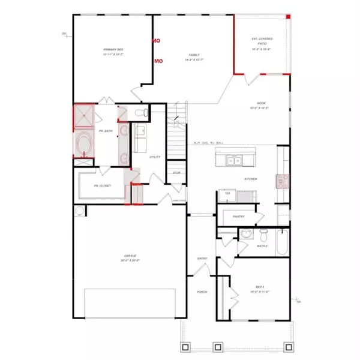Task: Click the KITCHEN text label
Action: point(250,179)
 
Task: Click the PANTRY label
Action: point(238,216)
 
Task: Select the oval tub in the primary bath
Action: point(82,145)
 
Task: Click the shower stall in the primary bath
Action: point(81,116)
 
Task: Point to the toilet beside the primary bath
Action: point(140,112)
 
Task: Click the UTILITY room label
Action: point(154,157)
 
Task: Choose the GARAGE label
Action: point(130,257)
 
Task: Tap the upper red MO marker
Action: point(156,41)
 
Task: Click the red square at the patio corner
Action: point(289,16)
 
